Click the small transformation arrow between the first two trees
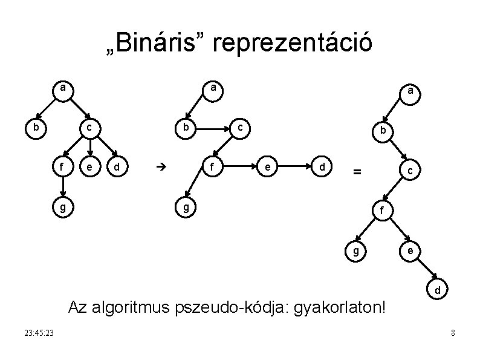point(160,165)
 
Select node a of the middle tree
point(212,89)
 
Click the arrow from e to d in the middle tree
point(296,165)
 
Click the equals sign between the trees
point(357,172)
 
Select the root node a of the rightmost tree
point(410,91)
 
